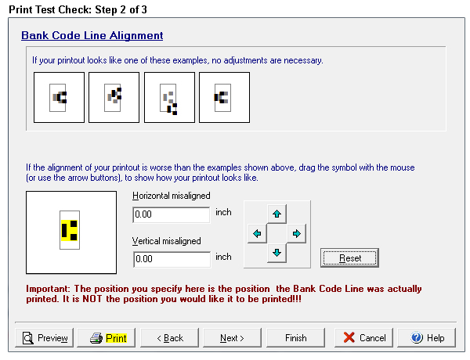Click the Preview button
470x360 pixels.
click(44, 338)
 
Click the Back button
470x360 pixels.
click(169, 338)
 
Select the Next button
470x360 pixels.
click(232, 338)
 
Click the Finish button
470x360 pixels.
click(295, 338)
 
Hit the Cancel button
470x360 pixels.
click(363, 338)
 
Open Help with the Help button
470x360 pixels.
click(427, 338)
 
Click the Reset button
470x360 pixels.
click(349, 258)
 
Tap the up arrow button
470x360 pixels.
click(277, 214)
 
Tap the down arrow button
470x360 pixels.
click(277, 253)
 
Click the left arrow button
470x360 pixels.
click(257, 233)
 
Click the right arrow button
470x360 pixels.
click(296, 233)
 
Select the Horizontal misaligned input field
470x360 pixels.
click(171, 214)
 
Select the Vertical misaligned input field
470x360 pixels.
click(172, 259)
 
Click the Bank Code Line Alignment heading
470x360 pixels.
click(92, 35)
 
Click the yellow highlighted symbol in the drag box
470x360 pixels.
click(69, 230)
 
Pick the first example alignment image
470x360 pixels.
click(59, 97)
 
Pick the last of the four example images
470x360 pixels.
click(224, 97)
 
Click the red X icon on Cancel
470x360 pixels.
click(349, 337)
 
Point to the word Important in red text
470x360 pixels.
click(48, 289)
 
